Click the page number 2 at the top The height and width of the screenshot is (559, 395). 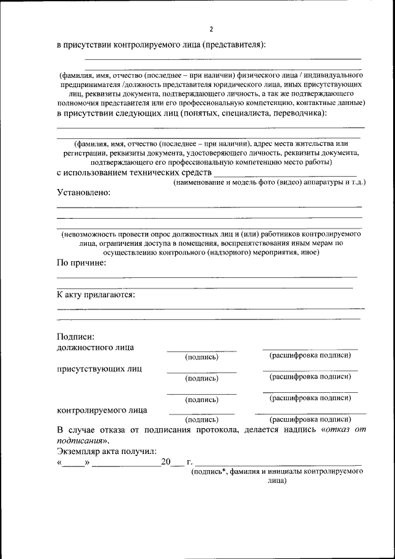(x=210, y=29)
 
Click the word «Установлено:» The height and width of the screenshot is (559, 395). (x=84, y=193)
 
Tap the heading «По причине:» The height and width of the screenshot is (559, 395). (x=81, y=264)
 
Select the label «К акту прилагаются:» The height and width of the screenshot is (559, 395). (x=96, y=295)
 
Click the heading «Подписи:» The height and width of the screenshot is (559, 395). (x=75, y=337)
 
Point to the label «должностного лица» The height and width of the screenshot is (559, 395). (x=95, y=347)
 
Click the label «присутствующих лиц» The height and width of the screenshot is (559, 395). (x=99, y=369)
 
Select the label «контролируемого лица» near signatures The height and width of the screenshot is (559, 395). (x=102, y=410)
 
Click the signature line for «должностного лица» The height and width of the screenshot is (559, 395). (x=201, y=350)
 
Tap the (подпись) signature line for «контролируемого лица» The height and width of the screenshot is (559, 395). (x=201, y=413)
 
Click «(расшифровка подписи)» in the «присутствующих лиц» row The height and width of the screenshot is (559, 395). (x=310, y=376)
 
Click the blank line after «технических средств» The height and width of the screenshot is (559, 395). (x=285, y=175)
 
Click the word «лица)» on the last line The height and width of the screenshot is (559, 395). (x=276, y=480)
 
